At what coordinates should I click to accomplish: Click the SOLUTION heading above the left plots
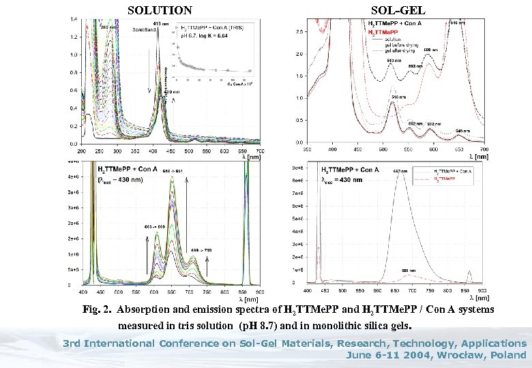[x=160, y=10]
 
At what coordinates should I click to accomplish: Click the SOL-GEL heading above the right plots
[x=398, y=10]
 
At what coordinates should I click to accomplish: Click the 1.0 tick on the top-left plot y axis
[x=73, y=55]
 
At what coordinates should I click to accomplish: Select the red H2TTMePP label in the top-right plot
[x=385, y=32]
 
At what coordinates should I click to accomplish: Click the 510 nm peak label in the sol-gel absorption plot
[x=398, y=97]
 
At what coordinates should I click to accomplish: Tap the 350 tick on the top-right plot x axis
[x=308, y=149]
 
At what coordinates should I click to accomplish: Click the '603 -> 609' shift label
[x=155, y=226]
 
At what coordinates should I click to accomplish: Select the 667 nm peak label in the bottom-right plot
[x=401, y=171]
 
